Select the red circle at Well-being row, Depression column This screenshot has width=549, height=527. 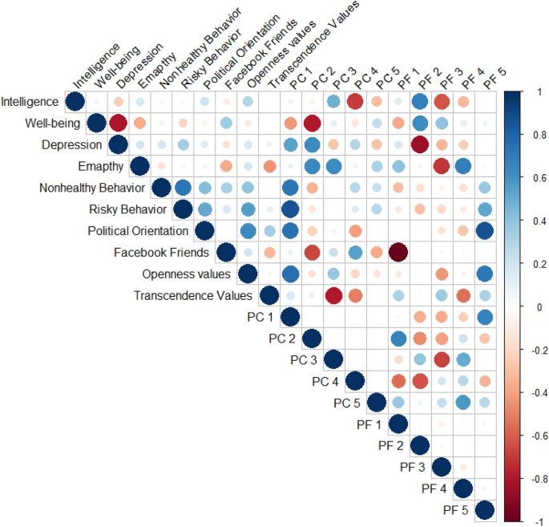pos(118,124)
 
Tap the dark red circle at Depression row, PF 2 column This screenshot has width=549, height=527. pos(420,145)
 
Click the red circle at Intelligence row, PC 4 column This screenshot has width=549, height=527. pos(355,102)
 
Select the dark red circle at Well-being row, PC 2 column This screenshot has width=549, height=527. pos(312,124)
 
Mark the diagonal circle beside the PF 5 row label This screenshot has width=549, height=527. pos(485,510)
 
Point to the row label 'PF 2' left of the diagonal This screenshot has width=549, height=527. pos(391,445)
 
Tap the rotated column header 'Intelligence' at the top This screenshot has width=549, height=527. pos(96,65)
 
